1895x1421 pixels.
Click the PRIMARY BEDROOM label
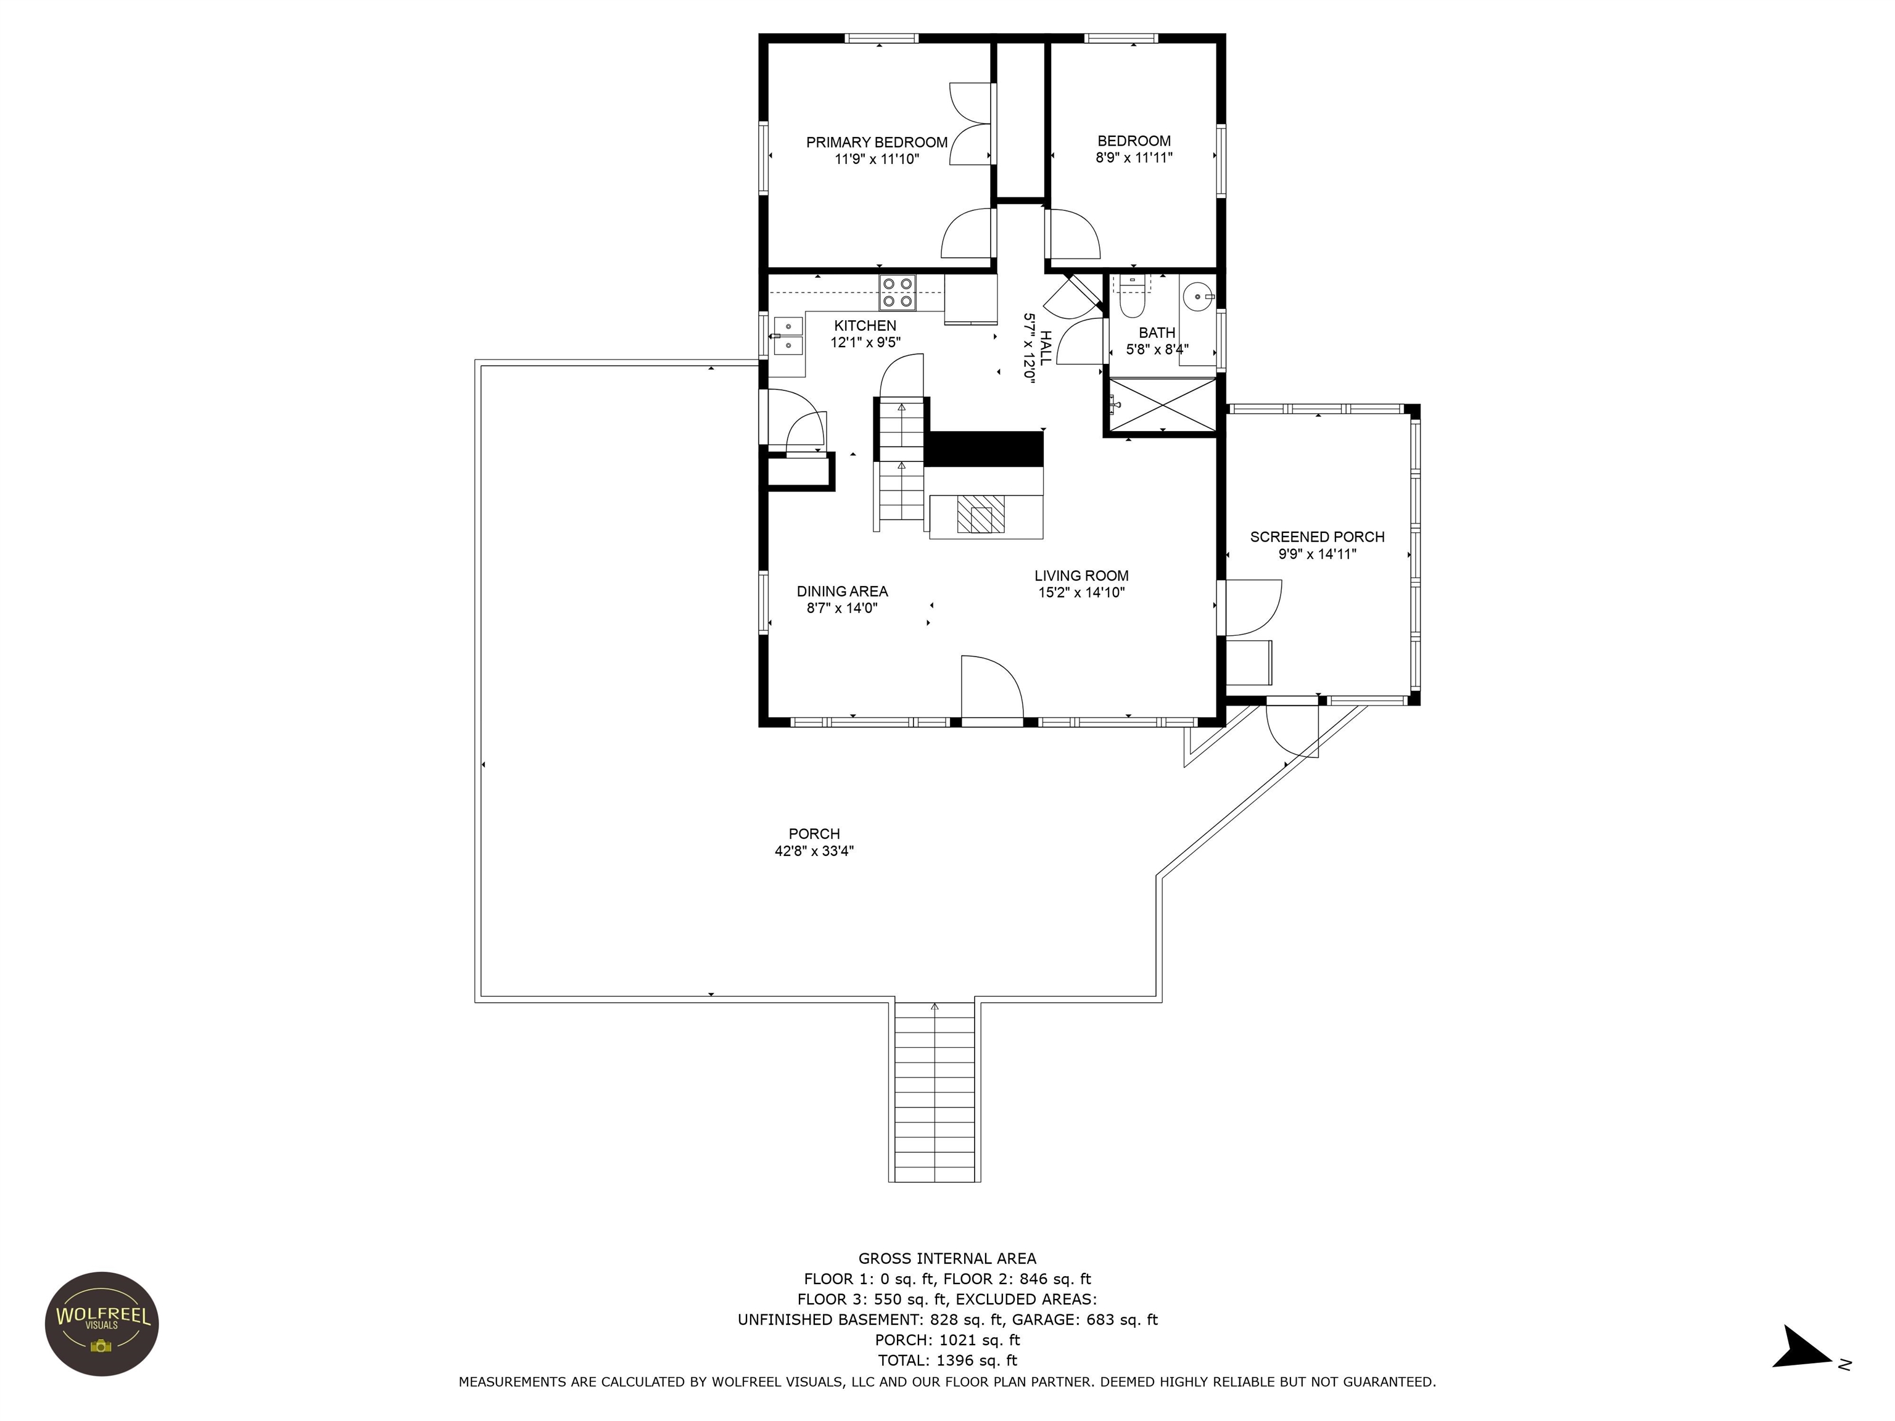(x=877, y=142)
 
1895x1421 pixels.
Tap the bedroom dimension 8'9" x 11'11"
(x=1133, y=158)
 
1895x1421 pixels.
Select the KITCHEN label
(x=865, y=326)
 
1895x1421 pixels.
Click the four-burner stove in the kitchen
(x=898, y=292)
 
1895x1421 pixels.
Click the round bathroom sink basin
(x=1197, y=297)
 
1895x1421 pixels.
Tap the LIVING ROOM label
(x=1081, y=575)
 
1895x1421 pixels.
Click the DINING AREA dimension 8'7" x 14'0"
(x=842, y=608)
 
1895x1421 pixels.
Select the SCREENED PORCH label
(x=1317, y=537)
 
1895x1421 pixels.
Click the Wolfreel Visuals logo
(x=102, y=1324)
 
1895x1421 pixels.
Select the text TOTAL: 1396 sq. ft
(x=947, y=1360)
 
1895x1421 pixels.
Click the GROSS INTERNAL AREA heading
(x=947, y=1258)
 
